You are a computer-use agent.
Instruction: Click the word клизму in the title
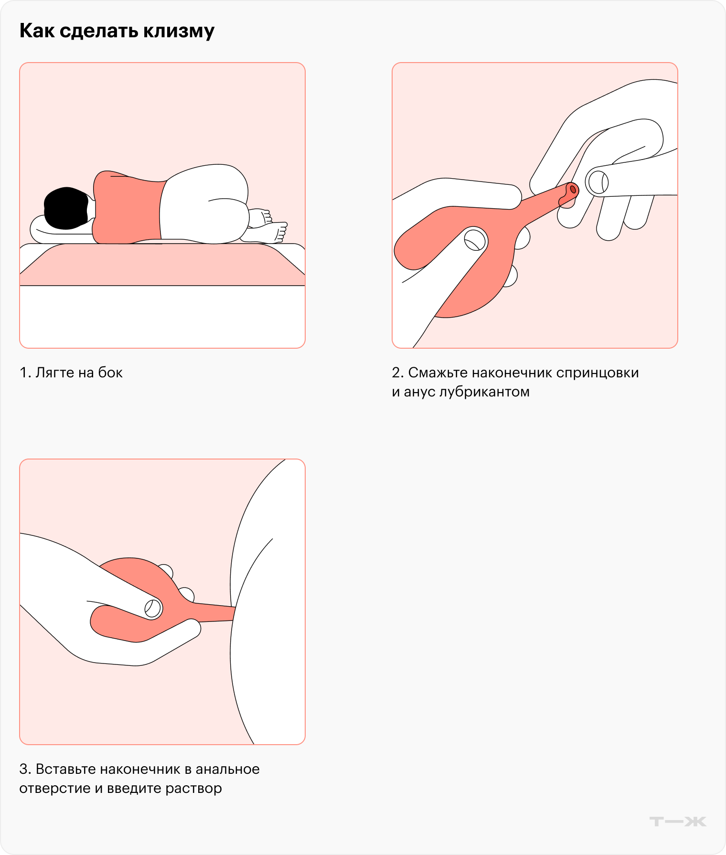point(179,32)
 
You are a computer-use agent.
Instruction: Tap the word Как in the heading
point(37,31)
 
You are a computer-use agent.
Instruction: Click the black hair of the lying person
point(66,208)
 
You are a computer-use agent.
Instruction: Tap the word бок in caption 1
point(110,373)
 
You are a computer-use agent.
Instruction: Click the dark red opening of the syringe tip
point(573,189)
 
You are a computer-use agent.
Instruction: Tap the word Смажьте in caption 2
point(438,373)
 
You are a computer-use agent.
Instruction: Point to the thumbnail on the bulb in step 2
point(475,239)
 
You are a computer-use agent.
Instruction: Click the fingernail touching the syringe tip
point(598,182)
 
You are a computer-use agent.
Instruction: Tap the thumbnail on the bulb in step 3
point(153,609)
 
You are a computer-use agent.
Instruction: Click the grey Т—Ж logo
point(678,822)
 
